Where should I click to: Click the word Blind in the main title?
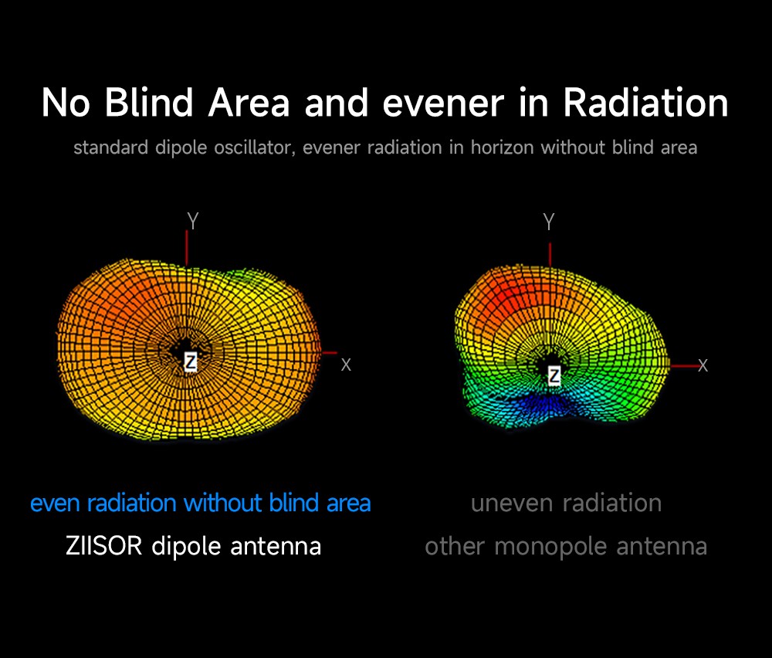[149, 103]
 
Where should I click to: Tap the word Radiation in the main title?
[645, 103]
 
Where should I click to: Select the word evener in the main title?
[443, 103]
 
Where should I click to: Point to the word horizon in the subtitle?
[503, 148]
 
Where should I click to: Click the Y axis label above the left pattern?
[193, 221]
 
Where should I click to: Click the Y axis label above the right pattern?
[549, 222]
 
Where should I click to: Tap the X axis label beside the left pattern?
[346, 365]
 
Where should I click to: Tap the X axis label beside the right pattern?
[703, 365]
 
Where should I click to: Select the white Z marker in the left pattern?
[191, 362]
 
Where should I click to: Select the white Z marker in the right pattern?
[554, 376]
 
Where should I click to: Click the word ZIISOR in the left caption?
[104, 546]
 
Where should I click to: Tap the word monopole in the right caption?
[550, 547]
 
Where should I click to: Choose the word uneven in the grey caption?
[512, 504]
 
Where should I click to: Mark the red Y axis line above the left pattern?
[187, 248]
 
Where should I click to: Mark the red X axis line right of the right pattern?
[684, 365]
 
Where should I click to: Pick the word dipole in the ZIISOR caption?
[187, 547]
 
